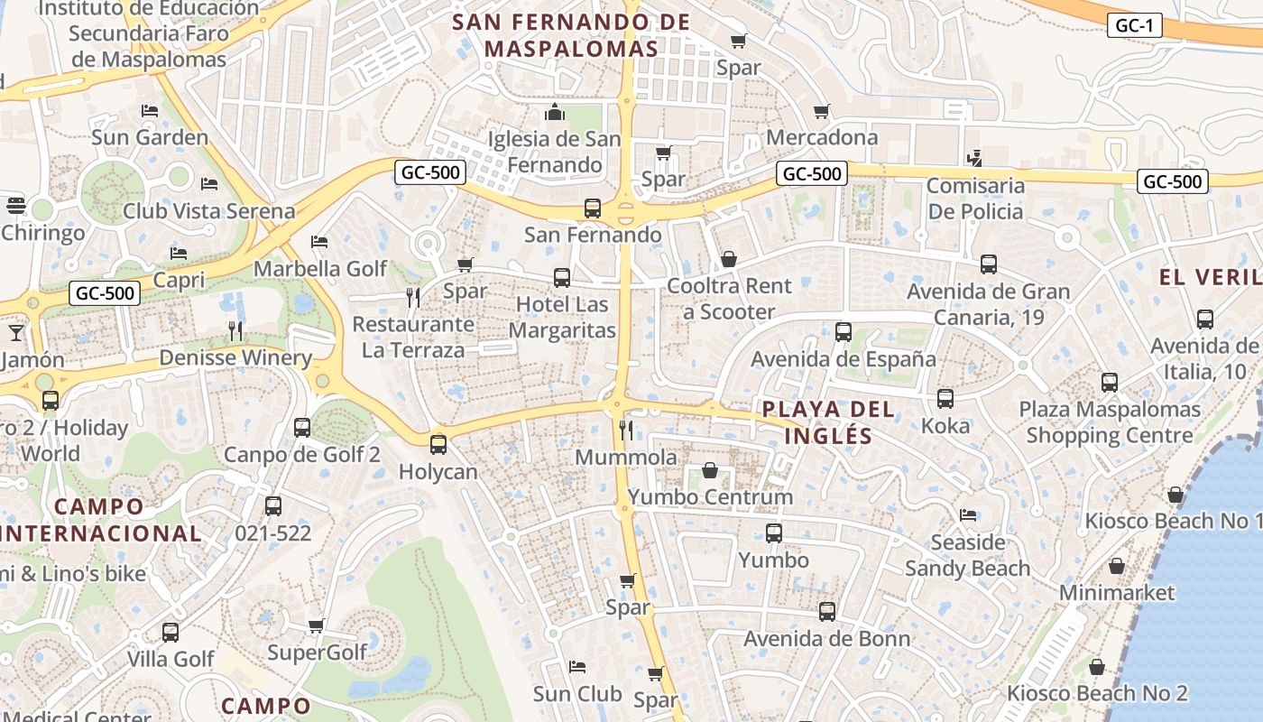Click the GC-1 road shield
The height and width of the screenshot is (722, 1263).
point(1134,26)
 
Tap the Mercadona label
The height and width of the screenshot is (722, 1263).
point(821,137)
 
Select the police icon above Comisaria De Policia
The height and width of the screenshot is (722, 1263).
point(973,159)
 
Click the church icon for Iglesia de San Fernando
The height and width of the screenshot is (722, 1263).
point(554,113)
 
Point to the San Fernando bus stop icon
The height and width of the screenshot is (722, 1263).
point(593,208)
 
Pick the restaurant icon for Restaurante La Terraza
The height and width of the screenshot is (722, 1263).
point(413,298)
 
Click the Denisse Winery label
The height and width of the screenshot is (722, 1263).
point(235,357)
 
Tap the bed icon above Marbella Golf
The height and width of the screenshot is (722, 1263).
point(319,242)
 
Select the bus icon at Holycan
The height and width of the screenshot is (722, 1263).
point(438,445)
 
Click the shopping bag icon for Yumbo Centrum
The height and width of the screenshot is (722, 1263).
point(710,470)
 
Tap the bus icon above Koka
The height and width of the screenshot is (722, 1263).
point(945,399)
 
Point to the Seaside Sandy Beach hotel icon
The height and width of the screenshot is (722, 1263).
point(968,515)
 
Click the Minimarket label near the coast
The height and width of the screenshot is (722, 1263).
point(1117,593)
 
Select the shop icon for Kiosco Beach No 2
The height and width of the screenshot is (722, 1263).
point(1097,667)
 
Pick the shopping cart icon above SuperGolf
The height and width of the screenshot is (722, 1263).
point(317,625)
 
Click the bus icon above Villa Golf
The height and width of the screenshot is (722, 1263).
point(171,633)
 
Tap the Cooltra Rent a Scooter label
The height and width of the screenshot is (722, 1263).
point(729,299)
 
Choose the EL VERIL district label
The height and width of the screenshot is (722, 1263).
point(1210,277)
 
